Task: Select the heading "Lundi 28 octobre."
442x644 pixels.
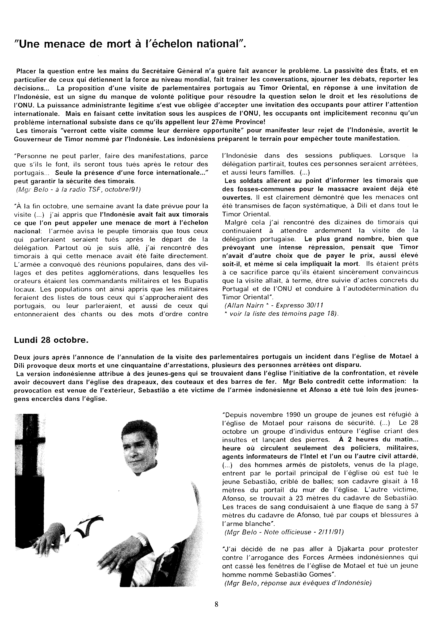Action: (51, 340)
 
